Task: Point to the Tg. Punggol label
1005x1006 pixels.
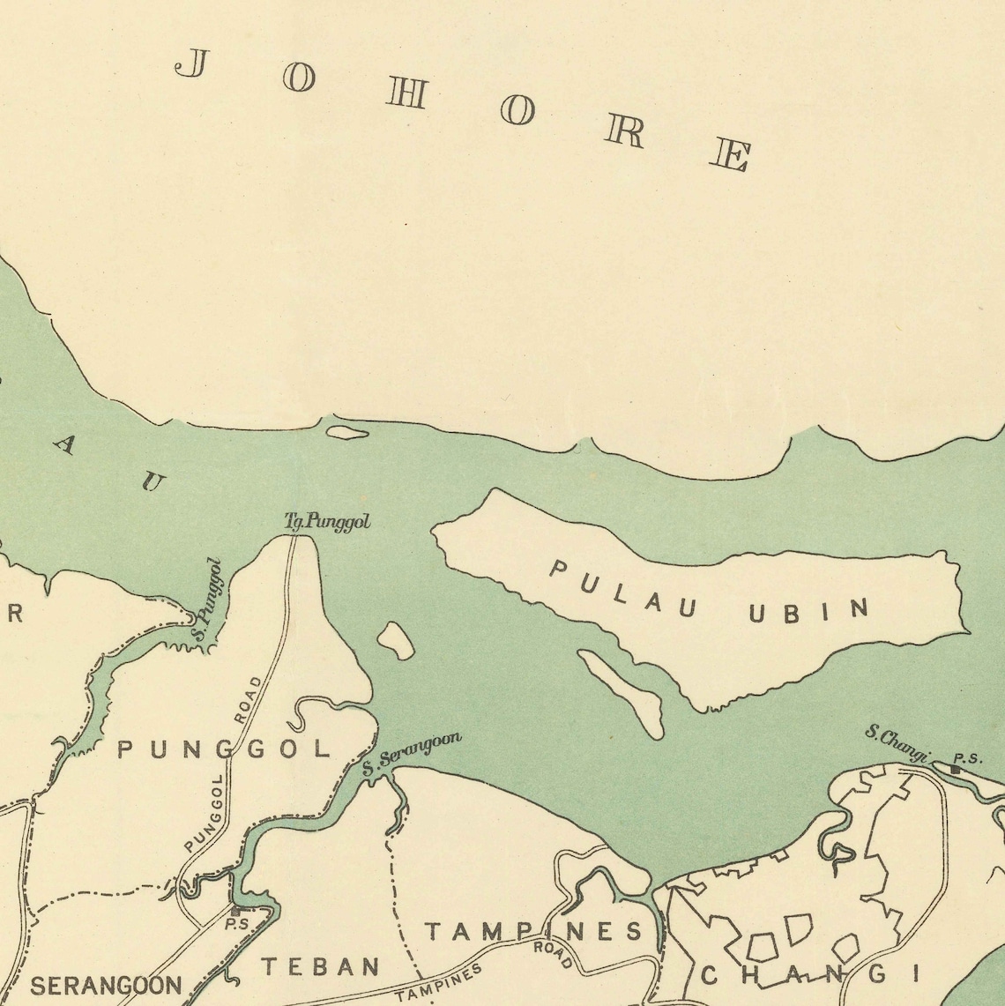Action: [x=327, y=523]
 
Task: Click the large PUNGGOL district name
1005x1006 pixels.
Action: [x=224, y=750]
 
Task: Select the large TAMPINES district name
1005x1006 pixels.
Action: [x=534, y=931]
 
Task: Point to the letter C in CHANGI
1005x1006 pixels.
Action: [x=711, y=975]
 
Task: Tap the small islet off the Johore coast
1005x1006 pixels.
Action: [x=346, y=432]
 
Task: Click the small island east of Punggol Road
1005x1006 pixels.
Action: [x=396, y=640]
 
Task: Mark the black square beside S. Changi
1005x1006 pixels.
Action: [x=955, y=769]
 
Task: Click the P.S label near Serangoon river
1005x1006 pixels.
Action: [x=235, y=925]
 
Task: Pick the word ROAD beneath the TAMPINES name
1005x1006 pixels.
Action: [x=552, y=955]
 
